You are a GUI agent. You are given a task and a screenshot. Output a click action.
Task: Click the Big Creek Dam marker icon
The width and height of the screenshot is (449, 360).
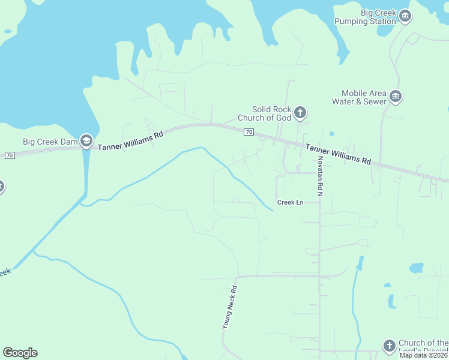tap(86, 141)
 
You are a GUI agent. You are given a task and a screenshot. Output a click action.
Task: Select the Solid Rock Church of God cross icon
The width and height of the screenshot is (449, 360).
tap(300, 112)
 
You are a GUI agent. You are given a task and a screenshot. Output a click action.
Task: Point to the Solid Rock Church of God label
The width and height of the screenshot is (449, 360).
tap(271, 113)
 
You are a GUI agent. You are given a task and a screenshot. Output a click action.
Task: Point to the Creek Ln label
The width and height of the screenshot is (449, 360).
tap(290, 202)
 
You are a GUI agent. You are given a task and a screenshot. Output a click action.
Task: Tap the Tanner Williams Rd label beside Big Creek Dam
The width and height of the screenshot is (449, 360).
tap(130, 141)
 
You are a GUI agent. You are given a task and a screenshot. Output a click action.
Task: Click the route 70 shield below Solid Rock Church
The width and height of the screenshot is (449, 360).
tap(249, 131)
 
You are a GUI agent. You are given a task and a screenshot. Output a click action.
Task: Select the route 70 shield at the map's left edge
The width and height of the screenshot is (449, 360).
tap(8, 155)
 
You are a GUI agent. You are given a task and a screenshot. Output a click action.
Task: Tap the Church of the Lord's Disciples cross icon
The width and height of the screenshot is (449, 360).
tap(389, 346)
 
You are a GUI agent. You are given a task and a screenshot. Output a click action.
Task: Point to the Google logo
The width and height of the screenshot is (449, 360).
tap(20, 353)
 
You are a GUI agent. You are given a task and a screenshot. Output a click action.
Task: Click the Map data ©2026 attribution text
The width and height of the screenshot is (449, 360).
tap(424, 355)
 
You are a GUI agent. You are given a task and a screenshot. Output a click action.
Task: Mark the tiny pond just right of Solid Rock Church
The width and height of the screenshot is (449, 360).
tap(332, 134)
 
